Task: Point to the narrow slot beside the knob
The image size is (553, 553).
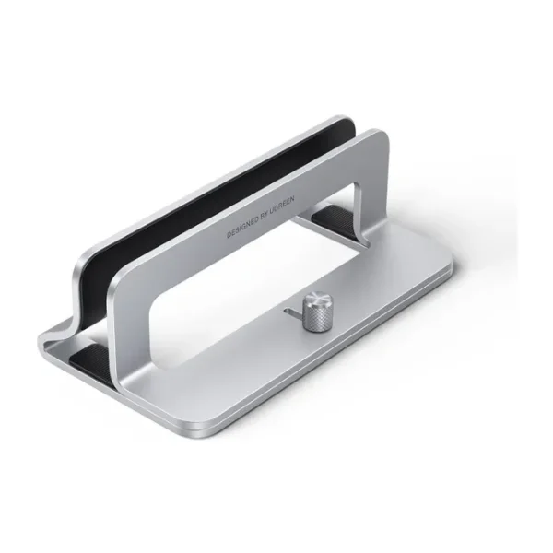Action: point(293,312)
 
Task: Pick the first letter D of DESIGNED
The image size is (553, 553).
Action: point(229,235)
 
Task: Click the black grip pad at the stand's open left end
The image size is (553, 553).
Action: point(88,358)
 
